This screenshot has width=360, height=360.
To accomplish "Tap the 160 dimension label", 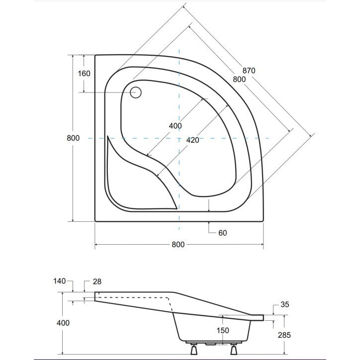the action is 84,74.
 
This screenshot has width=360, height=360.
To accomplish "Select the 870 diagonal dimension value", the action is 249,70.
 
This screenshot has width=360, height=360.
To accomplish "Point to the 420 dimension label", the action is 192,140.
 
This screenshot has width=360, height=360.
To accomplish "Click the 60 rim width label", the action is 222,233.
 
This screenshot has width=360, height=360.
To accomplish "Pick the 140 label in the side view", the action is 60,281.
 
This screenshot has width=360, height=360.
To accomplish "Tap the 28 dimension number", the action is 97,281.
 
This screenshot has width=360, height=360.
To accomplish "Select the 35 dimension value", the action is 285,304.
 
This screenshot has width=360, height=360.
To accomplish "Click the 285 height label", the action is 284,335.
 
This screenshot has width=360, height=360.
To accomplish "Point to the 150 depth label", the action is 223,330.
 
